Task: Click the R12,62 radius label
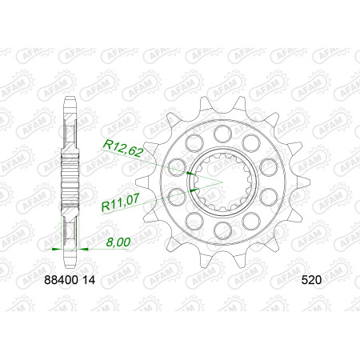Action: click(x=123, y=148)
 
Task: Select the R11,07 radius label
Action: click(x=121, y=203)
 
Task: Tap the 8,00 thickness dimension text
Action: click(x=118, y=242)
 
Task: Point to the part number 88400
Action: click(x=61, y=280)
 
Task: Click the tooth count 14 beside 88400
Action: click(x=89, y=280)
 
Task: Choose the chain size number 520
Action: click(x=311, y=280)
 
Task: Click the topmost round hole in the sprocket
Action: click(x=223, y=134)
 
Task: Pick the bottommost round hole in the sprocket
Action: click(x=223, y=230)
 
